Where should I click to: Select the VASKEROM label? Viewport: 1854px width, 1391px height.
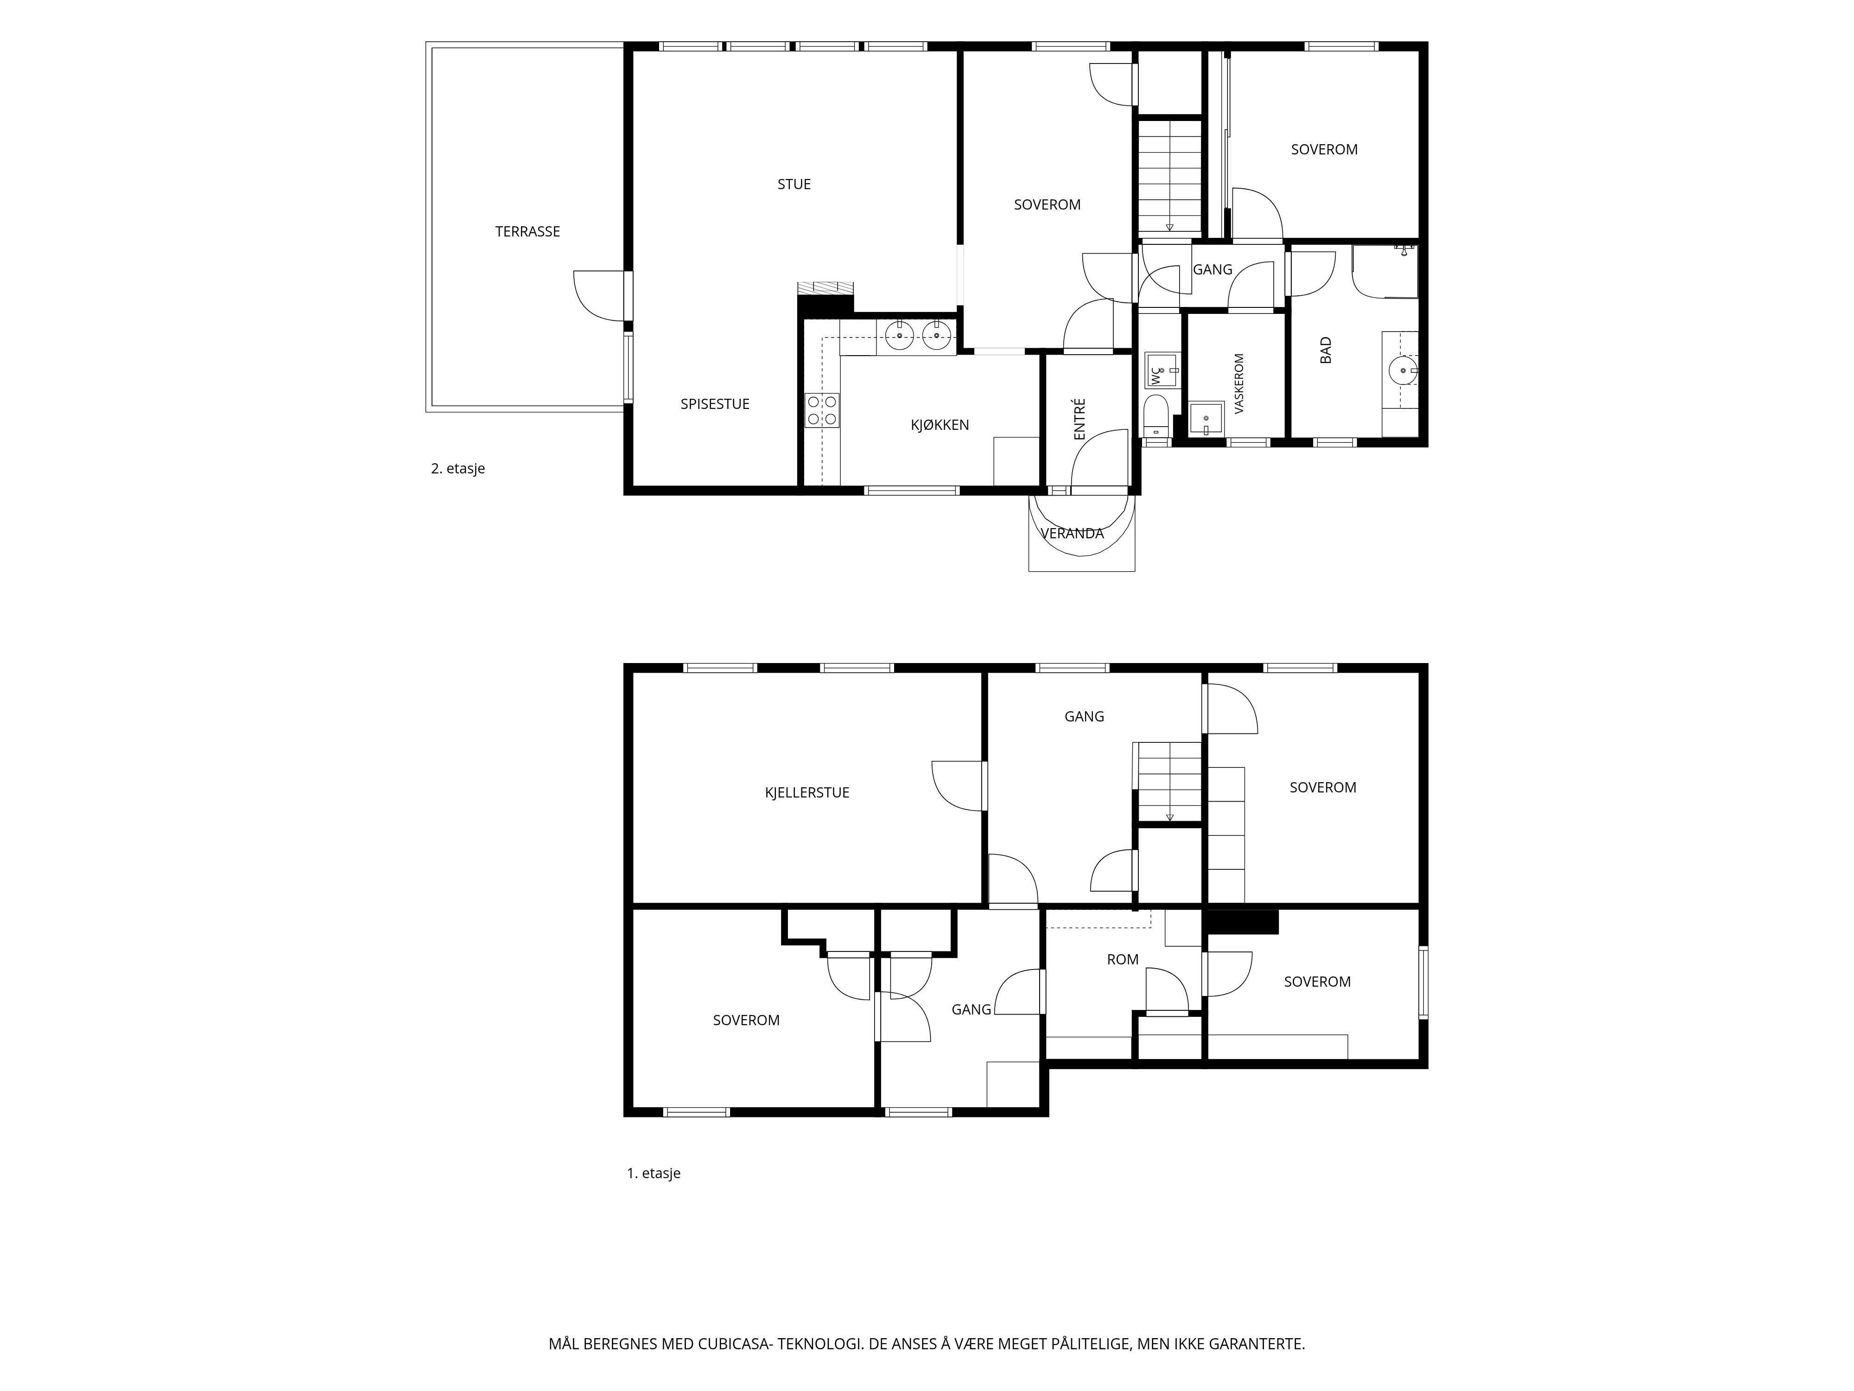click(x=1239, y=383)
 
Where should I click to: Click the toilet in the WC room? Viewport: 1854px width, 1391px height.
click(x=1156, y=417)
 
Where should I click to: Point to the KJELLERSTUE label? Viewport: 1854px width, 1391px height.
click(x=807, y=792)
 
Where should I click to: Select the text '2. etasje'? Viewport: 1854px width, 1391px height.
click(x=457, y=469)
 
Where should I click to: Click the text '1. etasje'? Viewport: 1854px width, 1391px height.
click(x=654, y=1173)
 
